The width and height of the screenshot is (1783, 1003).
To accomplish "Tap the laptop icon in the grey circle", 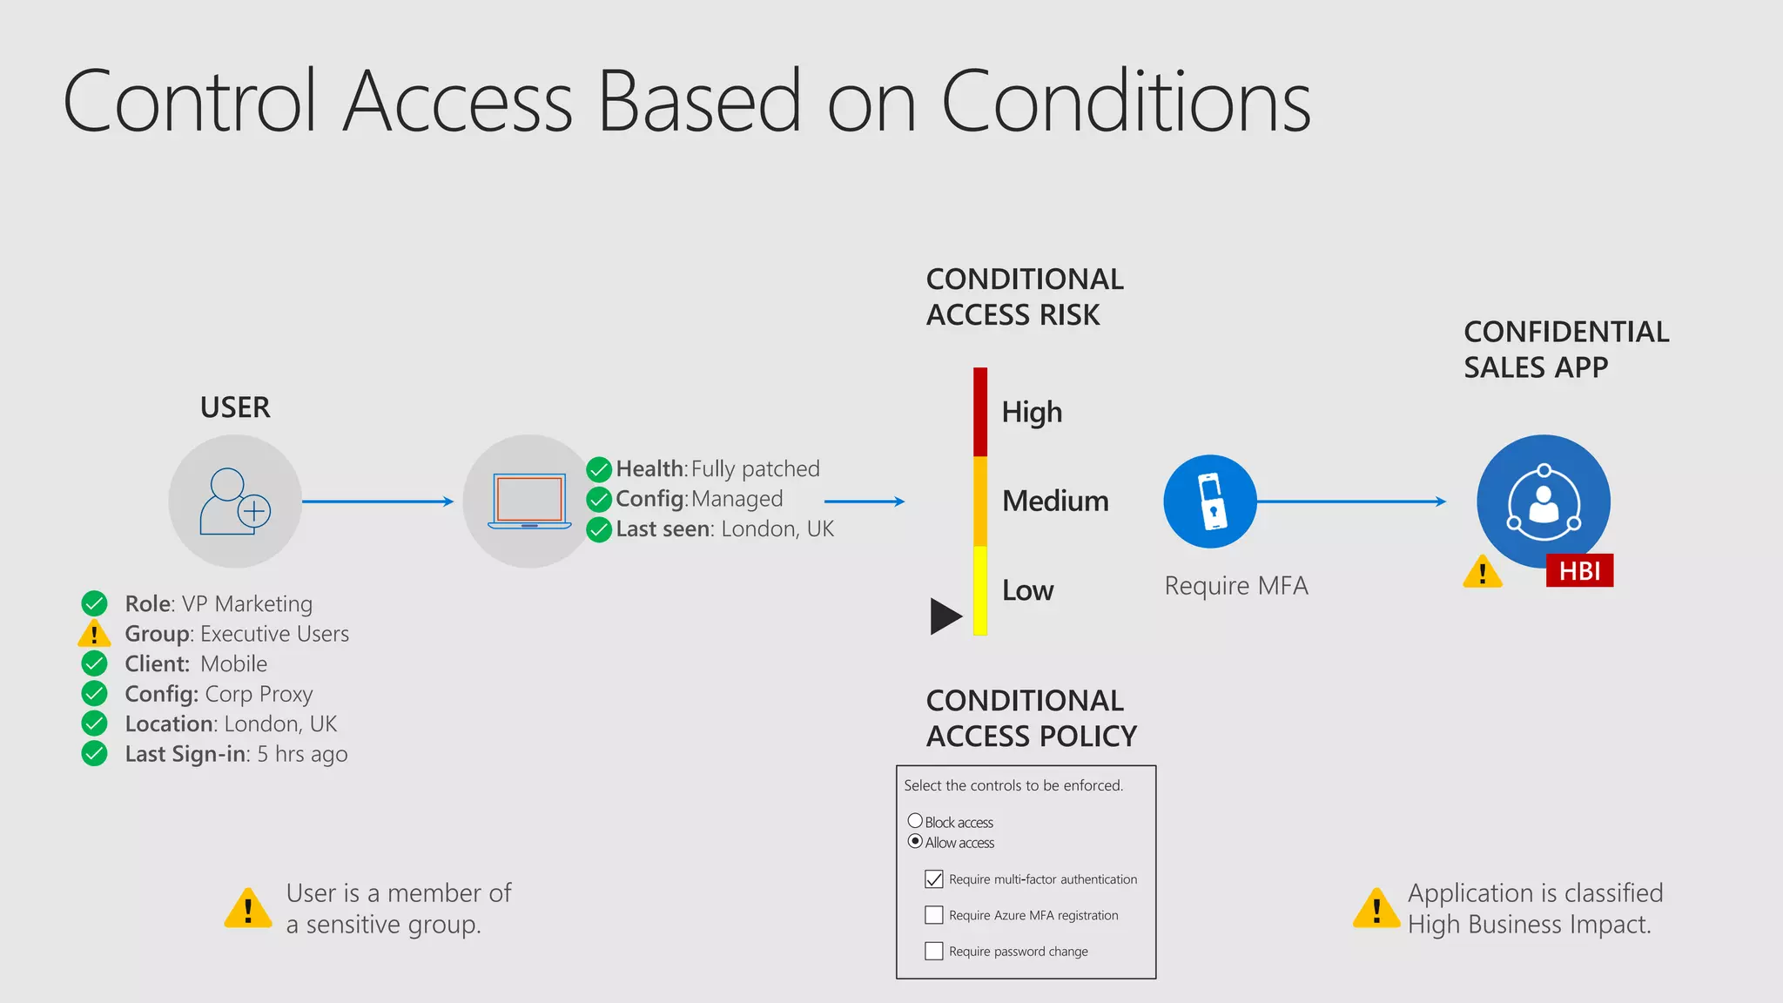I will pyautogui.click(x=529, y=501).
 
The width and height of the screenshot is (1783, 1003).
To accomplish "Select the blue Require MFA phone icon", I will pyautogui.click(x=1210, y=501).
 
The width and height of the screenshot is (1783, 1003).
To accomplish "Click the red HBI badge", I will pyautogui.click(x=1579, y=570).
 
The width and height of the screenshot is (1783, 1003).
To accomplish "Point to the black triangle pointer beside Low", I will pyautogui.click(x=945, y=616).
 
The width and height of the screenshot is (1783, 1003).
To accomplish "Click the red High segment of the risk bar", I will pyautogui.click(x=980, y=411).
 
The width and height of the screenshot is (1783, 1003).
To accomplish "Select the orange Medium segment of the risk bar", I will pyautogui.click(x=980, y=501).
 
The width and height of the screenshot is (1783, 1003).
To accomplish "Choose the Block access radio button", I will pyautogui.click(x=915, y=821).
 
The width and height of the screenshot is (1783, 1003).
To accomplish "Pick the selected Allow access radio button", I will pyautogui.click(x=915, y=841).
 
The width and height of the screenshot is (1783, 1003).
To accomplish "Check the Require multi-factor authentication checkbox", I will pyautogui.click(x=934, y=879).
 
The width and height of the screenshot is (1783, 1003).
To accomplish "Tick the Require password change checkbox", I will pyautogui.click(x=934, y=951).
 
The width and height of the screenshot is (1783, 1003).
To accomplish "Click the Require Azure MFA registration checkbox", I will pyautogui.click(x=934, y=915).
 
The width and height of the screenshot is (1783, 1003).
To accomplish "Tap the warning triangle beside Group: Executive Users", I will pyautogui.click(x=94, y=634).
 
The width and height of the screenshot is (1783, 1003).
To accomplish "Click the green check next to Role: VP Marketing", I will pyautogui.click(x=94, y=603).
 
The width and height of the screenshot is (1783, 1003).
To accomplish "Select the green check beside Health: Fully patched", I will pyautogui.click(x=599, y=469).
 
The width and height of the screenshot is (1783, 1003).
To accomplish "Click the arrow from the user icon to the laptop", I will pyautogui.click(x=377, y=501).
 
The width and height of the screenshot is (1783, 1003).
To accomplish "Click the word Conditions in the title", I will pyautogui.click(x=1126, y=102).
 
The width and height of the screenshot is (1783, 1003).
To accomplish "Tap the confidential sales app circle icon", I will pyautogui.click(x=1543, y=501).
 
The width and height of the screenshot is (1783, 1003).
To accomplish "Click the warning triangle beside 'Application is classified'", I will pyautogui.click(x=1376, y=909).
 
